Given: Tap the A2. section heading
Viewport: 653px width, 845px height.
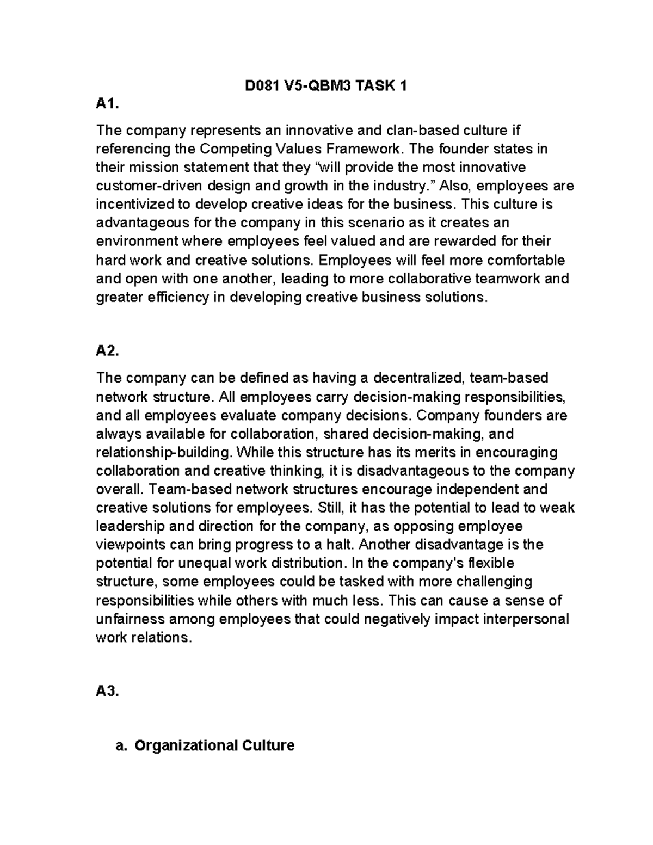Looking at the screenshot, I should click(x=107, y=351).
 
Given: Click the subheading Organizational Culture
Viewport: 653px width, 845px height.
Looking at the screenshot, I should click(x=214, y=745).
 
